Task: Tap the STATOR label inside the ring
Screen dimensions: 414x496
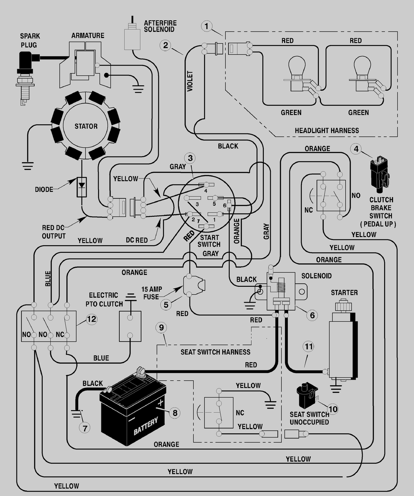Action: click(x=86, y=126)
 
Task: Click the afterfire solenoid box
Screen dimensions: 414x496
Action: click(x=132, y=39)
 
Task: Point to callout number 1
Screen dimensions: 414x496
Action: click(x=207, y=26)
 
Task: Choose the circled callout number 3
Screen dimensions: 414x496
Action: click(x=190, y=158)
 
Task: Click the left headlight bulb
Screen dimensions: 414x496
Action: click(x=297, y=73)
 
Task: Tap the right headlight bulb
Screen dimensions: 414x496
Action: click(x=362, y=73)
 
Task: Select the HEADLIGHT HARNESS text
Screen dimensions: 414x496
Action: click(x=327, y=131)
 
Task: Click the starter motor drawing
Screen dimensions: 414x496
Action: click(x=343, y=340)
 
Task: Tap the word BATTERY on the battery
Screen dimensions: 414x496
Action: click(x=145, y=426)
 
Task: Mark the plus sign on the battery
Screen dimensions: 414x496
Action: click(x=161, y=403)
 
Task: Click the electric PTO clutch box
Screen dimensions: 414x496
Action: click(x=130, y=327)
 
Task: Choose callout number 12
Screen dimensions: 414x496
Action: click(x=91, y=319)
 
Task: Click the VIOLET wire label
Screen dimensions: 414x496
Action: click(x=190, y=81)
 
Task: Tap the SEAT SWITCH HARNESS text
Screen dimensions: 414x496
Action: click(x=215, y=352)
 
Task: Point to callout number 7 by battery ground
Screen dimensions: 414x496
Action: click(x=84, y=428)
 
